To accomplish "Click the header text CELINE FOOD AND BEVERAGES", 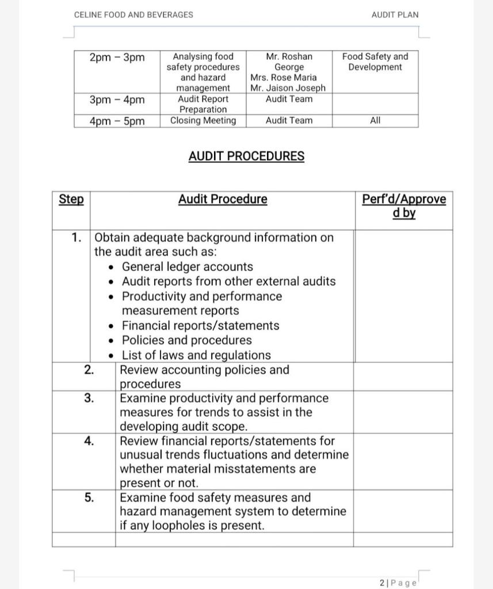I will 133,15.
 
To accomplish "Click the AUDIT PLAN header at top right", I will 395,15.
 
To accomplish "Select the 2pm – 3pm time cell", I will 117,58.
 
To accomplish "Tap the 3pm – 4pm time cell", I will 117,100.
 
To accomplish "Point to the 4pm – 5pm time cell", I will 117,121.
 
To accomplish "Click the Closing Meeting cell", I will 203,121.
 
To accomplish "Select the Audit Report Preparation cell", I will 203,104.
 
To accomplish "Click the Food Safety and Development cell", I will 375,62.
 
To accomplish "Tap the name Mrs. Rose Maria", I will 284,78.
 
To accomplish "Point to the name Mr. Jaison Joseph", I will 288,88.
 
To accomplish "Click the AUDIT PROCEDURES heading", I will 246,156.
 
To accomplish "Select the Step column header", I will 71,200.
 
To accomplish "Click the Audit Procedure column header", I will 223,200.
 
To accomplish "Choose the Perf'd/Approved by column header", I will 404,206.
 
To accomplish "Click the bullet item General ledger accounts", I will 187,267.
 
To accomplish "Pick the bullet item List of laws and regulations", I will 196,355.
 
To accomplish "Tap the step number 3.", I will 89,398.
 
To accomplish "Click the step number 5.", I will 89,498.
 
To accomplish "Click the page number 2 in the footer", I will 383,583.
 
